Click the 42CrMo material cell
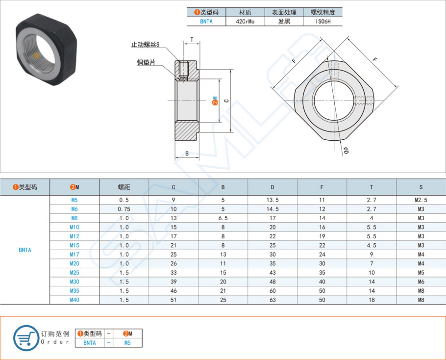[245, 22]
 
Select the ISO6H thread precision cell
[322, 22]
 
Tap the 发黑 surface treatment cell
[284, 22]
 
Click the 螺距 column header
[124, 187]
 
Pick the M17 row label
[74, 255]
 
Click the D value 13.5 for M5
[273, 200]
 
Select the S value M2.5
[421, 200]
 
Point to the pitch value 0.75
[124, 209]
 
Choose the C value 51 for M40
[173, 300]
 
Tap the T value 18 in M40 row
[371, 300]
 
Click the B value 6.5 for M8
[223, 218]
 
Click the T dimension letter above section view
[192, 39]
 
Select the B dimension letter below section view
[187, 154]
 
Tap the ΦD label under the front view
[345, 151]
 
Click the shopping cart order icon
[26, 337]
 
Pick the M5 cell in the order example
[127, 343]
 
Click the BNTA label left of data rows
[25, 250]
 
